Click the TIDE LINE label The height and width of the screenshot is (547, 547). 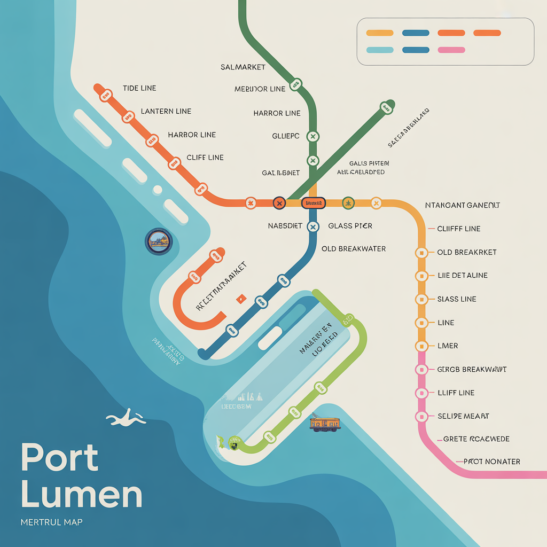tap(139, 88)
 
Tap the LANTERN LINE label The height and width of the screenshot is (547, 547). tap(166, 111)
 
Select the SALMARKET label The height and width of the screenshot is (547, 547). tap(244, 67)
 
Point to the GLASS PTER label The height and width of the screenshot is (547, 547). tap(350, 226)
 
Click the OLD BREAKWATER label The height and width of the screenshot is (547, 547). tap(353, 249)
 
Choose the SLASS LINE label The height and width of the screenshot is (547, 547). tap(456, 299)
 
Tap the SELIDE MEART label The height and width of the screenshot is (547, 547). tap(463, 416)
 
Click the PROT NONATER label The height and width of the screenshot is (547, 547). tap(491, 462)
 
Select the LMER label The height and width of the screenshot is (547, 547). tap(448, 346)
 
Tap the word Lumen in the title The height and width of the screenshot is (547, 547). tap(82, 495)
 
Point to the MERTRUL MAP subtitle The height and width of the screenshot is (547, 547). tap(51, 522)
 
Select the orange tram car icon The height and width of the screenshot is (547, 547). tap(325, 424)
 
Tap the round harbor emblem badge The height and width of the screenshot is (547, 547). tap(159, 241)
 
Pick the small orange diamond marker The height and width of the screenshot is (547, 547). tap(240, 298)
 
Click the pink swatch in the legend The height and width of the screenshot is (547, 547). tap(451, 50)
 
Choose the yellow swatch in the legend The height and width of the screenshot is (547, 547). tap(380, 33)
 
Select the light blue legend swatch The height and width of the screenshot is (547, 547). tap(380, 50)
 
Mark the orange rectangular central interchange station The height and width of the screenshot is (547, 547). tap(313, 203)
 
